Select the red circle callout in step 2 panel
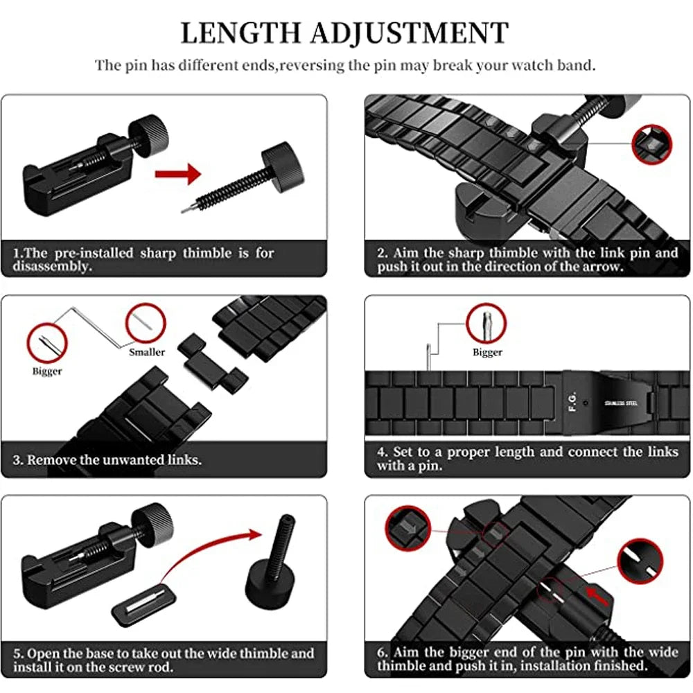[x=652, y=143]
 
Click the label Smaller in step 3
[x=147, y=352]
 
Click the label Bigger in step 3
[x=47, y=371]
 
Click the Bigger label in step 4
[x=487, y=352]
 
